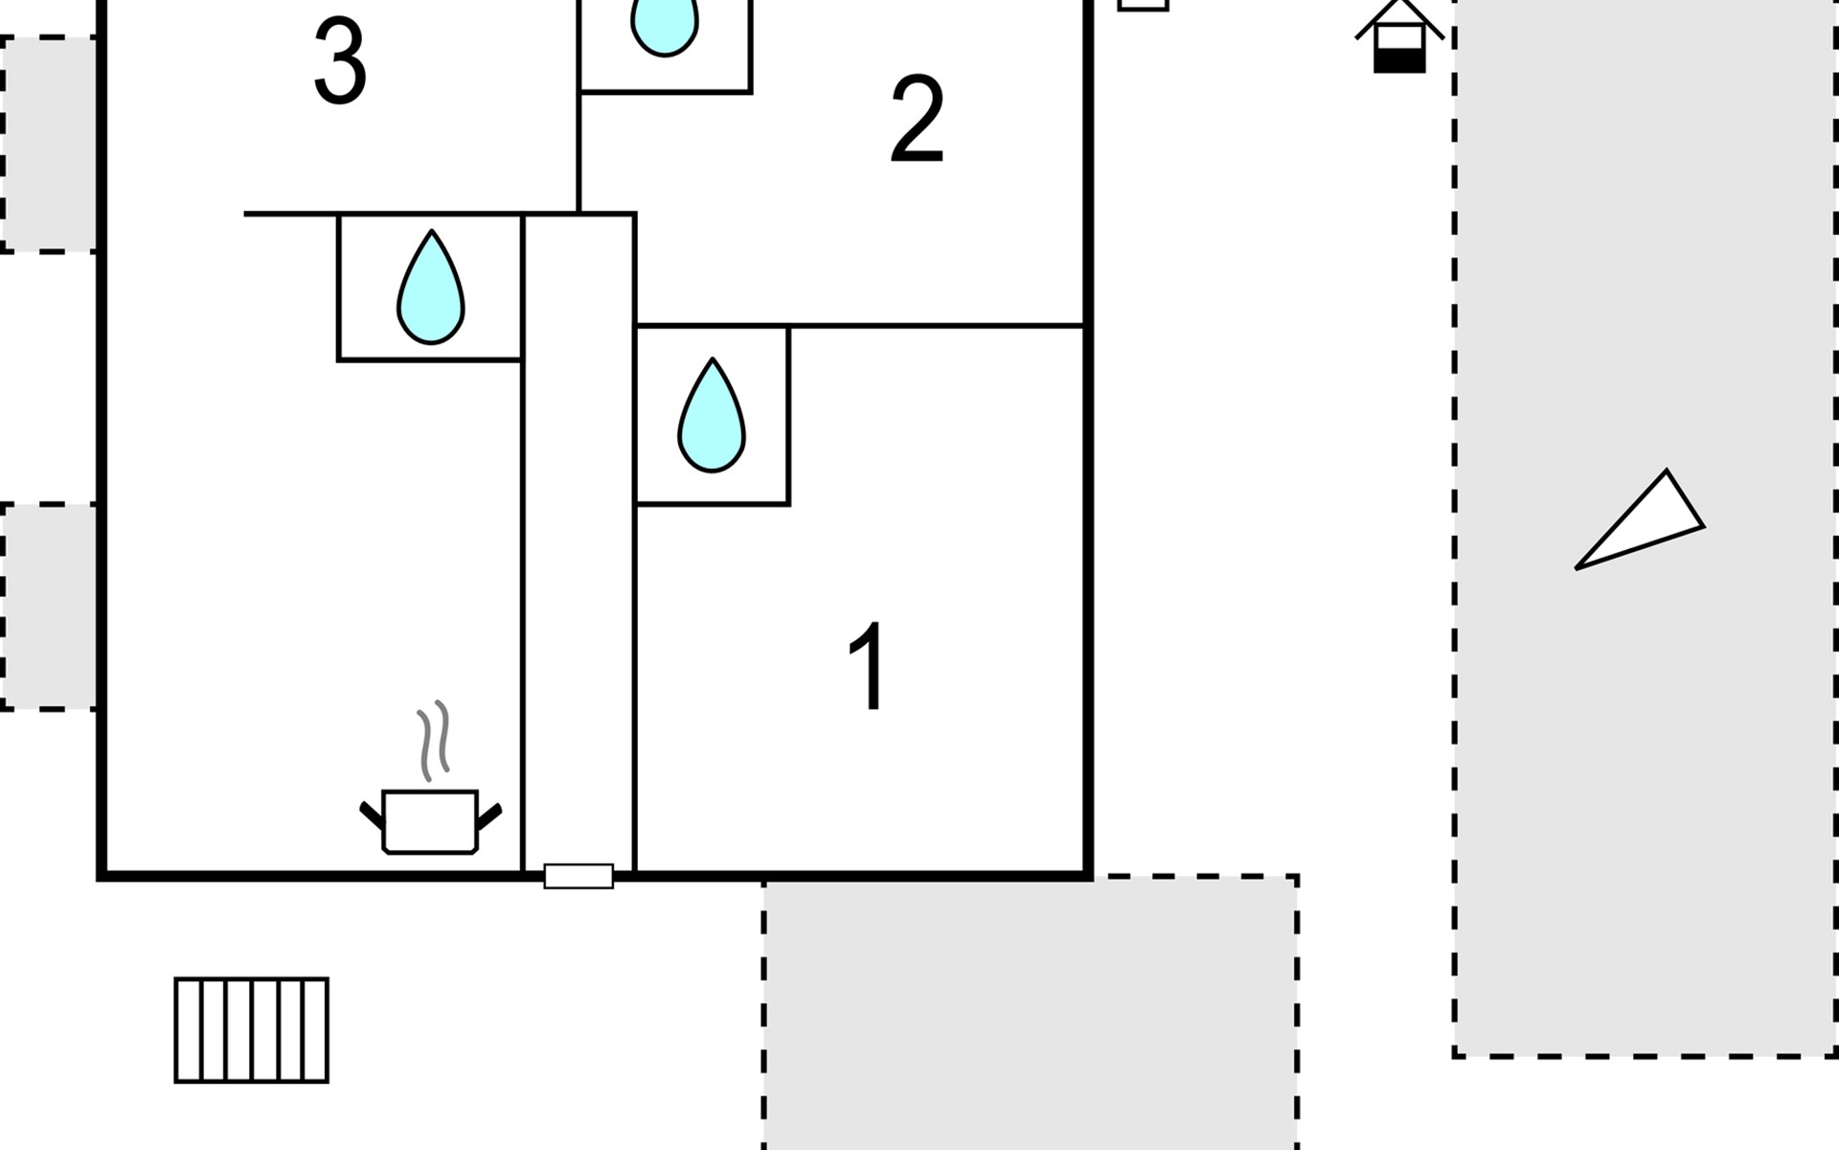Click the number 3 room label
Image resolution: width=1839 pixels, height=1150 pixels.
(x=340, y=62)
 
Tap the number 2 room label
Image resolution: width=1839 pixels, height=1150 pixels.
(x=918, y=120)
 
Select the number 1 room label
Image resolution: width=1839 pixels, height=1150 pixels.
(x=869, y=667)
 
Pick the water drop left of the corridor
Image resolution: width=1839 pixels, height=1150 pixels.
(x=431, y=287)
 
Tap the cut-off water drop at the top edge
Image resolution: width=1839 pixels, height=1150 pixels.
(x=665, y=27)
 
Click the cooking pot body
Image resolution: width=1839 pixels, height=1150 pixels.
(x=430, y=822)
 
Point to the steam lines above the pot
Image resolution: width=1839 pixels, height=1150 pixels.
(x=433, y=740)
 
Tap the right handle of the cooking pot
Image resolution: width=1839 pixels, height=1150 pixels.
(x=488, y=816)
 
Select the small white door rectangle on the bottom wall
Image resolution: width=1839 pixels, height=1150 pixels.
(x=579, y=876)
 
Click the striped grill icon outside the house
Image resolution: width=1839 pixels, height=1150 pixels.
(x=252, y=1030)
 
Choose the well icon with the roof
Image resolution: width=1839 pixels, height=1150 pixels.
(x=1399, y=36)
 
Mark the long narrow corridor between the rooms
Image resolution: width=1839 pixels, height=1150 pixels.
(x=579, y=541)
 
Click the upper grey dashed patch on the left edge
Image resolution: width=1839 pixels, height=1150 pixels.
(x=49, y=144)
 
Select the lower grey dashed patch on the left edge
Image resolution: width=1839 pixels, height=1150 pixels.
(x=49, y=607)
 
